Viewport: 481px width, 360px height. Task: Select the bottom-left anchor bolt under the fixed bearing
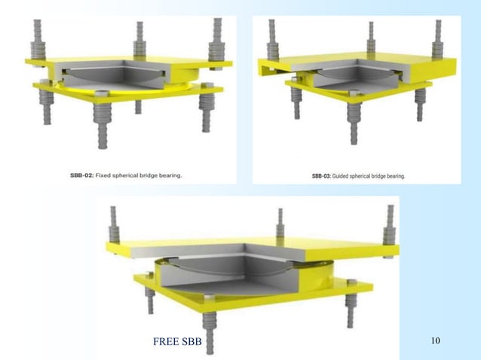[x=47, y=109]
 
